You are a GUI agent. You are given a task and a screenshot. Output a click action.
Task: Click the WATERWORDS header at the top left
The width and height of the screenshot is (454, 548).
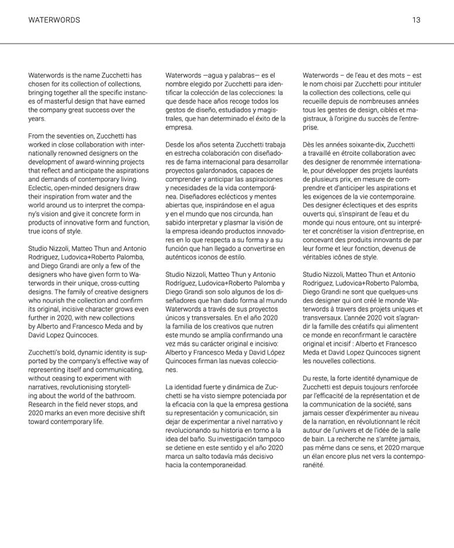(54, 20)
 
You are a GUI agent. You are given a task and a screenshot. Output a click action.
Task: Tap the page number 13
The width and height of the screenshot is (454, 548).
(416, 20)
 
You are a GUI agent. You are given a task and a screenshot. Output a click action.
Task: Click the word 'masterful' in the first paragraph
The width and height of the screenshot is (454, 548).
(54, 101)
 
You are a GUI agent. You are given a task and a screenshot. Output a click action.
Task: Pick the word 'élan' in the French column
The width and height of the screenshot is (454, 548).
(319, 456)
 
